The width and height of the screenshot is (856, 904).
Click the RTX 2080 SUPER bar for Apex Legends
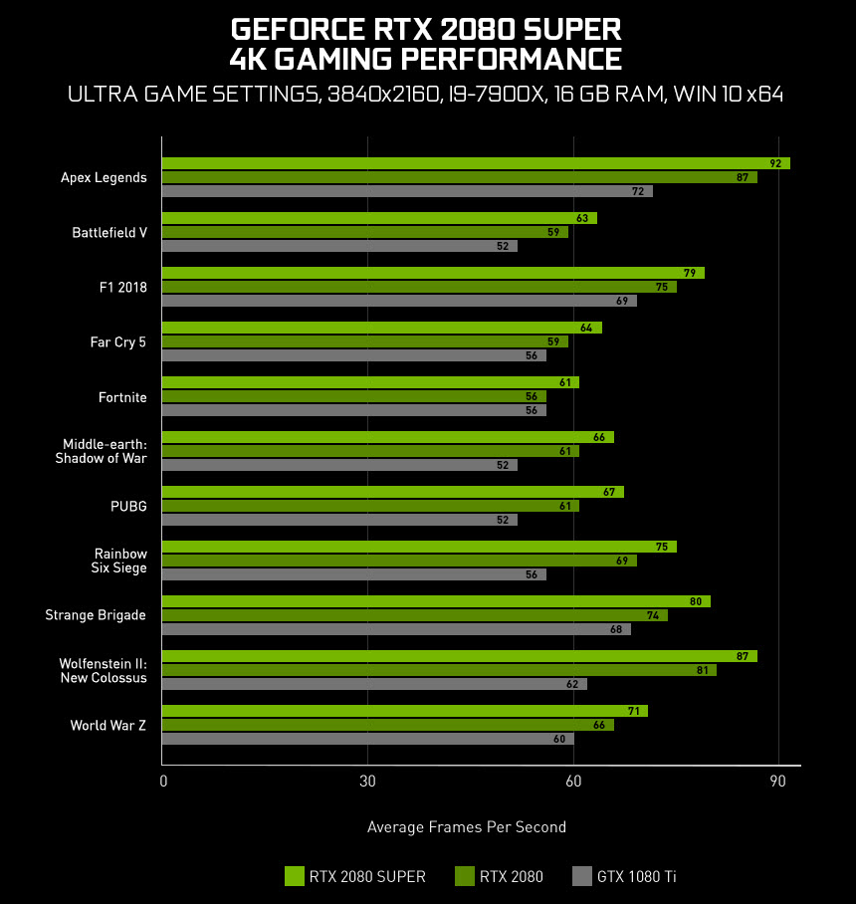click(476, 163)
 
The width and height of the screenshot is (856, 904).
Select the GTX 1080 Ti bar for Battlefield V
click(339, 246)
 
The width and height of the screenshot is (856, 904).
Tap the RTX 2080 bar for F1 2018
click(419, 287)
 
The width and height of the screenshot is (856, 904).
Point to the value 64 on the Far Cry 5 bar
click(585, 328)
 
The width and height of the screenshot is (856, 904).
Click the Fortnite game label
click(122, 397)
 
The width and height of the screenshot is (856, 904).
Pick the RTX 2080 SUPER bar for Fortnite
click(370, 382)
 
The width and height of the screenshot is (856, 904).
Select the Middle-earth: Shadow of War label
click(105, 451)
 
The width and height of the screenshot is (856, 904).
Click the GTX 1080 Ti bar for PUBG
click(339, 520)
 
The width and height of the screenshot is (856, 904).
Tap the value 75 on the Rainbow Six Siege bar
click(661, 547)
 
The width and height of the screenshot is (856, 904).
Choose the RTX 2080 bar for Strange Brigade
click(415, 615)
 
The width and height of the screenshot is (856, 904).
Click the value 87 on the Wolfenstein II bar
click(742, 656)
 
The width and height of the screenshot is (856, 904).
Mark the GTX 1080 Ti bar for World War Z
click(367, 739)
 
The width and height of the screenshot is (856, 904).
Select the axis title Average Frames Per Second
click(466, 827)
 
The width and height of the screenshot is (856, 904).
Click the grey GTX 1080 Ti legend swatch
click(582, 876)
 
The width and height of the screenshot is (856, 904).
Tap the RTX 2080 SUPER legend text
click(367, 877)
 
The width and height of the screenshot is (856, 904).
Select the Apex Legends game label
click(104, 177)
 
